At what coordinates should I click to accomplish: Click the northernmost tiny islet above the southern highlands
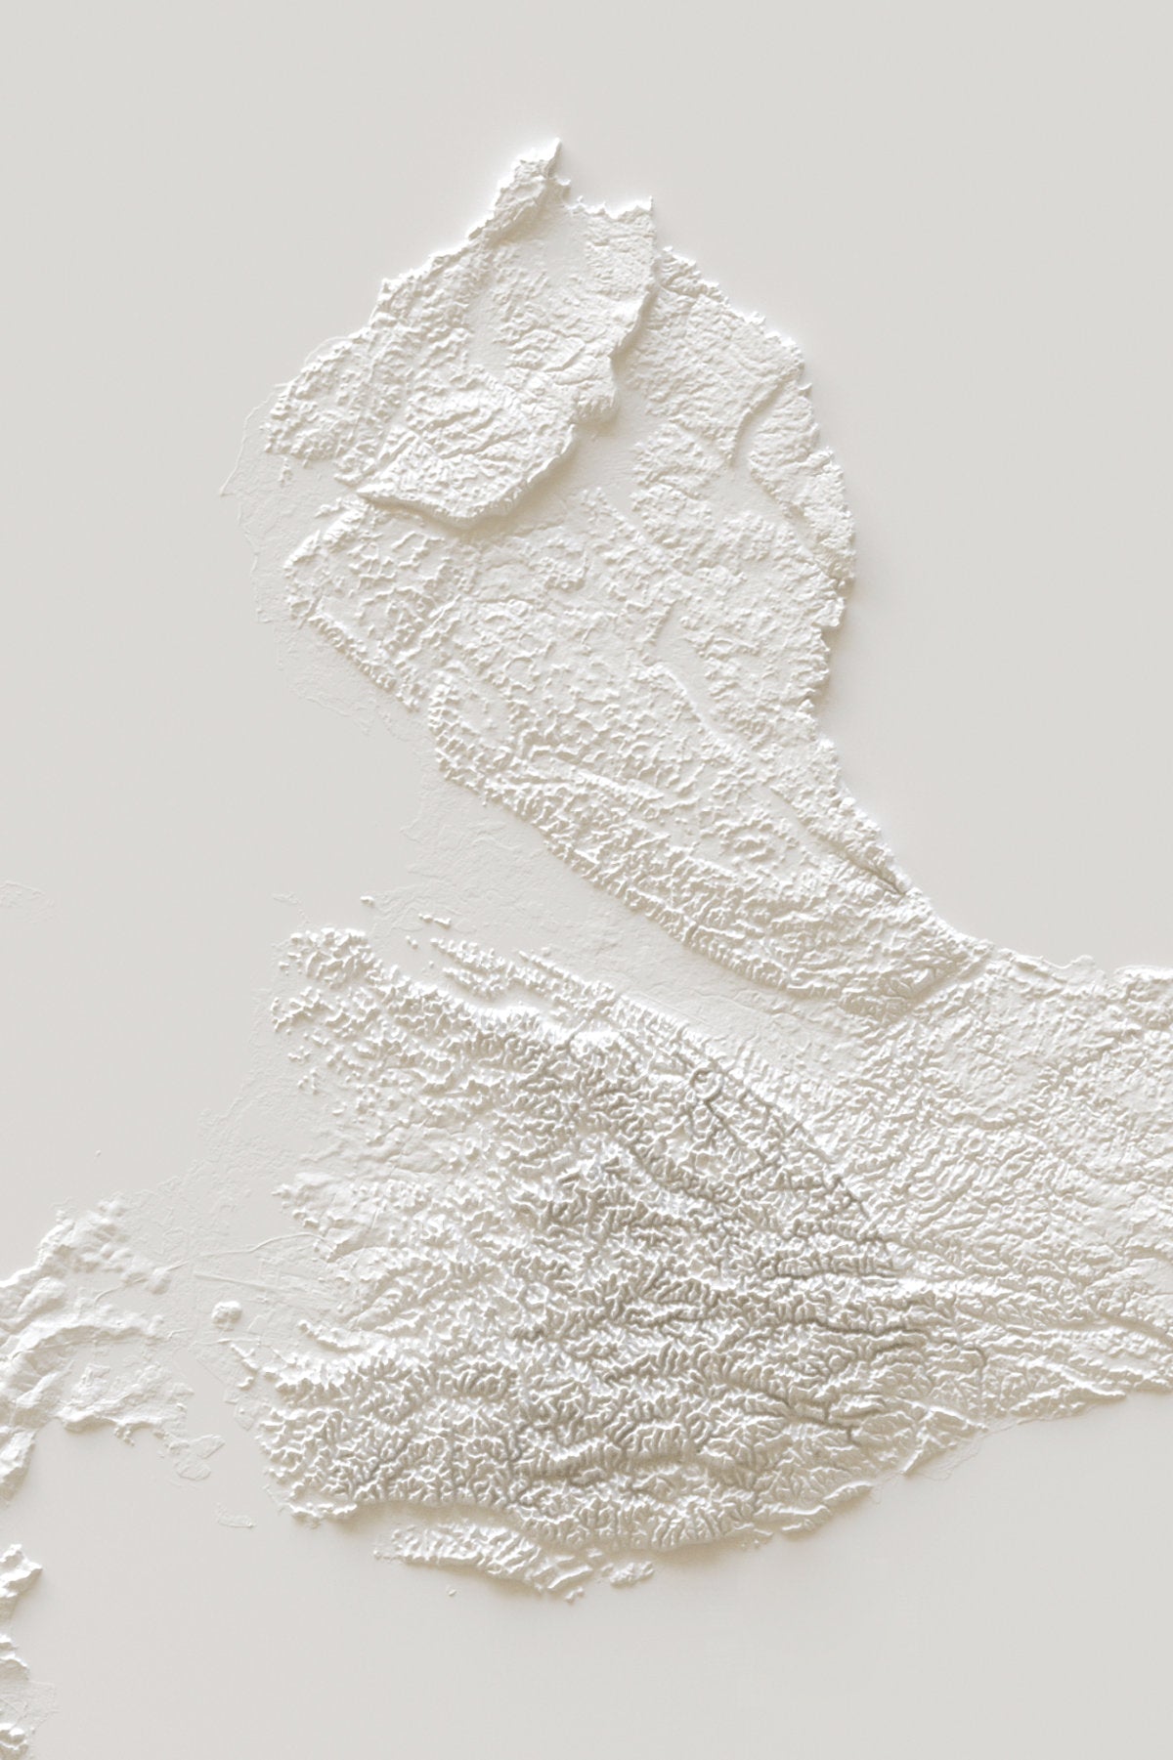[x=369, y=898]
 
